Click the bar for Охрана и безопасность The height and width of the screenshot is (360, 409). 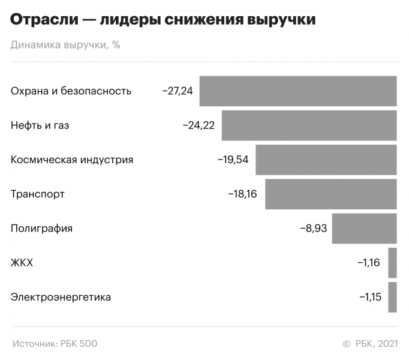298,91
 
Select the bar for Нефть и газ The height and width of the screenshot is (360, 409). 309,125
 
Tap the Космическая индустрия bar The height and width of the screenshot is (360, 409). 326,160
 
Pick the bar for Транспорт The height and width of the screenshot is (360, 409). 331,194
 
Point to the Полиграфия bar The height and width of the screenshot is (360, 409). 365,228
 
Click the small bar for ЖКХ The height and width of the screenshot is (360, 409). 392,263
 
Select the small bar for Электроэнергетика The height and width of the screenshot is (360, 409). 392,297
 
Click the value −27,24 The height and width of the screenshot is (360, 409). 178,91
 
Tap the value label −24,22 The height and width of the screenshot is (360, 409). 200,125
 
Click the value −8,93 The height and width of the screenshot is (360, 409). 313,228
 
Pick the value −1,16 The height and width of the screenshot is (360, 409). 369,263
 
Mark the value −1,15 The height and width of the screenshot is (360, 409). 369,297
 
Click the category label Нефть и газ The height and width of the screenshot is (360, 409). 40,125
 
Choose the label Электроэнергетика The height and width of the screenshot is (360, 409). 61,297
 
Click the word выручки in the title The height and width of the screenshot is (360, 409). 281,20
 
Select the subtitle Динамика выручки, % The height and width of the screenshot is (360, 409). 65,46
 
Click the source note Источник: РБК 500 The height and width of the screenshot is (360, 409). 55,344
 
